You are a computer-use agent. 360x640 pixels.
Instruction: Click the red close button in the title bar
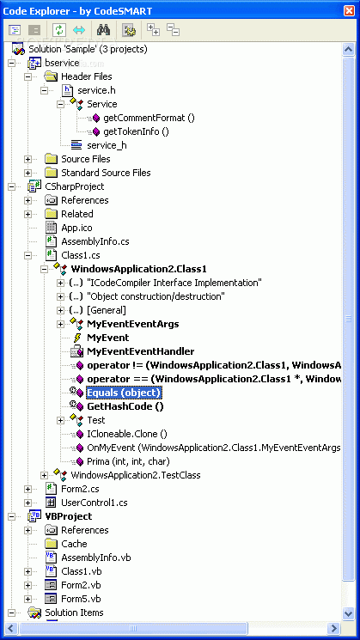click(349, 10)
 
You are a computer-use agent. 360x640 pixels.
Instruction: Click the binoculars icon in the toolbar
click(103, 30)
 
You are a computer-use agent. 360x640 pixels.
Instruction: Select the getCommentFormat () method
click(149, 118)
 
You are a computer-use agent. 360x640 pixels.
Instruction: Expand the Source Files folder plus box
click(27, 159)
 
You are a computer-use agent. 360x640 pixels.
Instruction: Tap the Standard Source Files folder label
click(106, 173)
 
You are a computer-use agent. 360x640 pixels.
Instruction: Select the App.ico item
click(76, 228)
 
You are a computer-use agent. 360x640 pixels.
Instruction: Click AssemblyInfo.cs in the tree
click(95, 241)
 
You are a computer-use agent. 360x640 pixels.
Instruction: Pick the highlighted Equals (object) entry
click(125, 393)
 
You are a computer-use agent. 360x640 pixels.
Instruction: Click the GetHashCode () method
click(125, 406)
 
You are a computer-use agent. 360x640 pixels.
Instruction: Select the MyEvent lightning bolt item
click(107, 338)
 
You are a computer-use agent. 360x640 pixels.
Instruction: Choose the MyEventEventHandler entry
click(140, 351)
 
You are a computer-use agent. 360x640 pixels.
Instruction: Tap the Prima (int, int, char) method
click(128, 461)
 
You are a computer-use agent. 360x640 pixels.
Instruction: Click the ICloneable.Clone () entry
click(127, 434)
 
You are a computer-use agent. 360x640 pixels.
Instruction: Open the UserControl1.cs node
click(95, 503)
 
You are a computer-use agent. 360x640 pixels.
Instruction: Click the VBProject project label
click(68, 516)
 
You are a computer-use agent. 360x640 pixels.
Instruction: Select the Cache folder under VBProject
click(74, 544)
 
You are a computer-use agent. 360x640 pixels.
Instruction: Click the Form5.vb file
click(81, 599)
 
